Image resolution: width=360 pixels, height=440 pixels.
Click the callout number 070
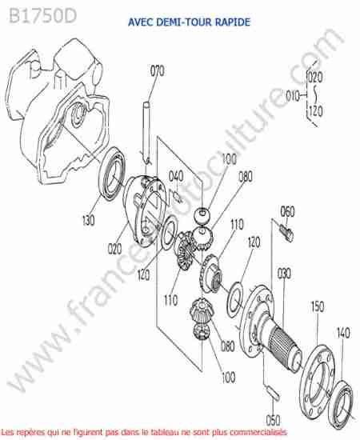(157, 71)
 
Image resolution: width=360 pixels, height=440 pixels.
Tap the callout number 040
(176, 176)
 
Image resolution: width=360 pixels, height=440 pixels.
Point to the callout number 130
(88, 220)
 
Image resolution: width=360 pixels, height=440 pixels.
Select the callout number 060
(287, 211)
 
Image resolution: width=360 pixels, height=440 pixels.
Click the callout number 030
(284, 274)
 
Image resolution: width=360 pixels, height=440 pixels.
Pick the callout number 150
(318, 306)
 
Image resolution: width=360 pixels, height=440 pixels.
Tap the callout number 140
(343, 333)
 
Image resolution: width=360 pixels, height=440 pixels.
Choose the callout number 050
(273, 420)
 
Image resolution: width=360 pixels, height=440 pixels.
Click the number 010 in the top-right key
(292, 96)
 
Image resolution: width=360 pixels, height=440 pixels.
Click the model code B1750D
(42, 16)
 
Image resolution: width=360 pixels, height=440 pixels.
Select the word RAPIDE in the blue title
(233, 22)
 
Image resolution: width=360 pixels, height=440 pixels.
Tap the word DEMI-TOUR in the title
(183, 22)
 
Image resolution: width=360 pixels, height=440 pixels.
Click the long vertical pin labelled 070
(146, 132)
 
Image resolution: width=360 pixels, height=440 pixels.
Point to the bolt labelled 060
(286, 234)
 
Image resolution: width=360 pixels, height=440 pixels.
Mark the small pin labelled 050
(273, 393)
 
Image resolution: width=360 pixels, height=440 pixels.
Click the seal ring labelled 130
(113, 173)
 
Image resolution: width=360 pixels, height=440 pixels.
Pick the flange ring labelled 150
(318, 386)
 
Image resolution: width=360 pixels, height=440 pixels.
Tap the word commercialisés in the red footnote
(256, 432)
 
